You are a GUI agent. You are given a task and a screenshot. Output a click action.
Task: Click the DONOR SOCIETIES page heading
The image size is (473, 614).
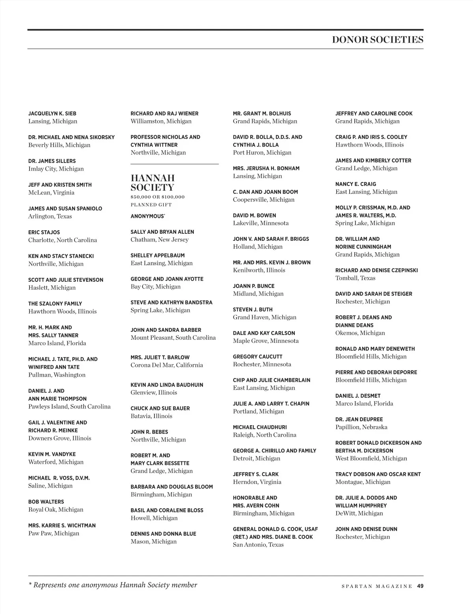[377, 39]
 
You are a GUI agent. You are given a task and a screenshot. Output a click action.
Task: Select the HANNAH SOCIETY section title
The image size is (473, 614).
[153, 183]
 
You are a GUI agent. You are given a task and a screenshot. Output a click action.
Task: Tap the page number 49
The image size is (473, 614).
[420, 586]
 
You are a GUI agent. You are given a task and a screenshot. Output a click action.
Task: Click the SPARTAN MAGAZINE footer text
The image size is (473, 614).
[377, 586]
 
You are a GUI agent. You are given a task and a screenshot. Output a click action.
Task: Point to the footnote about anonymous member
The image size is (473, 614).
[113, 585]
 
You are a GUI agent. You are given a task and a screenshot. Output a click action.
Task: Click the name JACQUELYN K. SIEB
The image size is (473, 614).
[52, 113]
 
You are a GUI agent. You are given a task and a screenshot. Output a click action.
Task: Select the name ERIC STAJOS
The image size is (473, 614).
[44, 233]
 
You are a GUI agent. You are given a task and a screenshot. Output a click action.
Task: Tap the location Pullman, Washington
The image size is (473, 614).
[57, 375]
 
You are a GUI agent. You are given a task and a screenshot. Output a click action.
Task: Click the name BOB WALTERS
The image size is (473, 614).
[46, 502]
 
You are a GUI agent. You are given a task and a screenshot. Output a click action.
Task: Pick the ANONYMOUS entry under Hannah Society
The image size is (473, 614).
[148, 216]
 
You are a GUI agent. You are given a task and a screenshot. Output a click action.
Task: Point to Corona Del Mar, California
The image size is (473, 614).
[167, 365]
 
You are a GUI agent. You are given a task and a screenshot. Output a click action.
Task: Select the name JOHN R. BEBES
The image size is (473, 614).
[149, 432]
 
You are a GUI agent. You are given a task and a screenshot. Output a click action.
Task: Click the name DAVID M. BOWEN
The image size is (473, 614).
[255, 216]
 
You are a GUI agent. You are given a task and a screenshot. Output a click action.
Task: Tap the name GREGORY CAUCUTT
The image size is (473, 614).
[258, 357]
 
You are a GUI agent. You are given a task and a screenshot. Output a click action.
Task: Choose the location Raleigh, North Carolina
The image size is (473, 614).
[264, 435]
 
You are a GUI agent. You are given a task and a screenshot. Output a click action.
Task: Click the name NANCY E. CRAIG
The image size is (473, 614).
[356, 184]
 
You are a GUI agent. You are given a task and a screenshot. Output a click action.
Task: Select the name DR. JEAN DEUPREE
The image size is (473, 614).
[359, 419]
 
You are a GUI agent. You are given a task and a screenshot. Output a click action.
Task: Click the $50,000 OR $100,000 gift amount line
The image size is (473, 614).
[158, 197]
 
